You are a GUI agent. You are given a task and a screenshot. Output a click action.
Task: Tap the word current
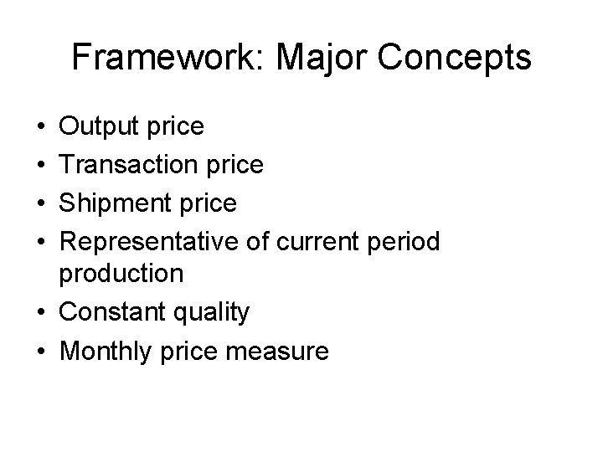318,242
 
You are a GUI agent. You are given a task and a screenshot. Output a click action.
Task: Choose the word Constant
112,312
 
